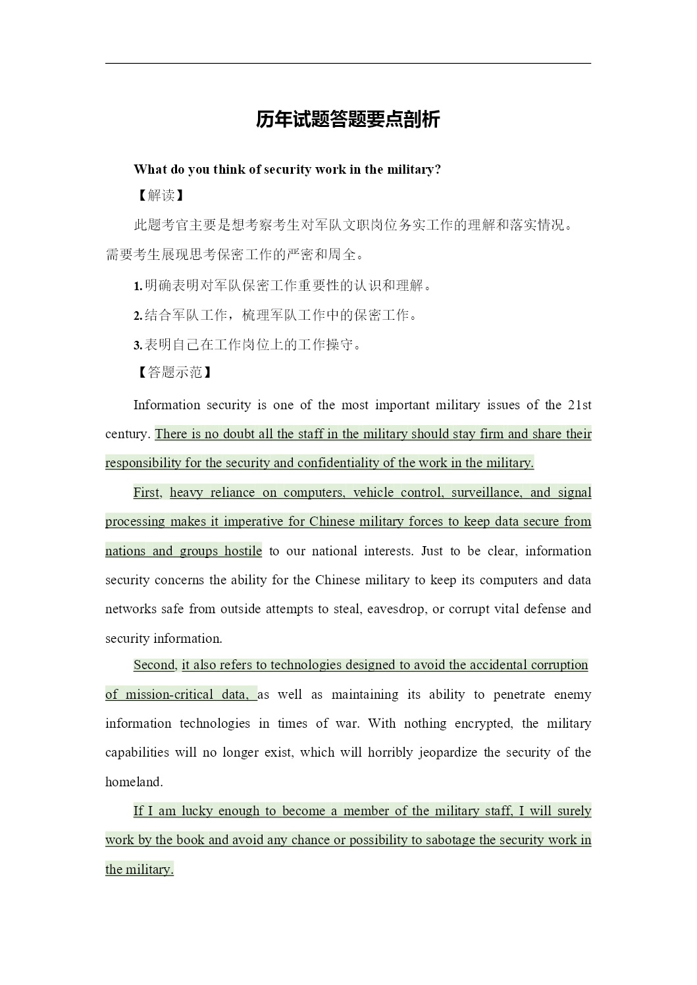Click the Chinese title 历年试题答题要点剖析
click(x=348, y=120)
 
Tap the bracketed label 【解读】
click(x=159, y=195)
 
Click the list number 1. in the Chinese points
click(x=138, y=286)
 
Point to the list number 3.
click(x=138, y=345)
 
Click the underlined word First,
click(x=147, y=493)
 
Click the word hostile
click(x=243, y=551)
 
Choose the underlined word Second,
click(x=155, y=665)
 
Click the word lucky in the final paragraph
click(x=197, y=811)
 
